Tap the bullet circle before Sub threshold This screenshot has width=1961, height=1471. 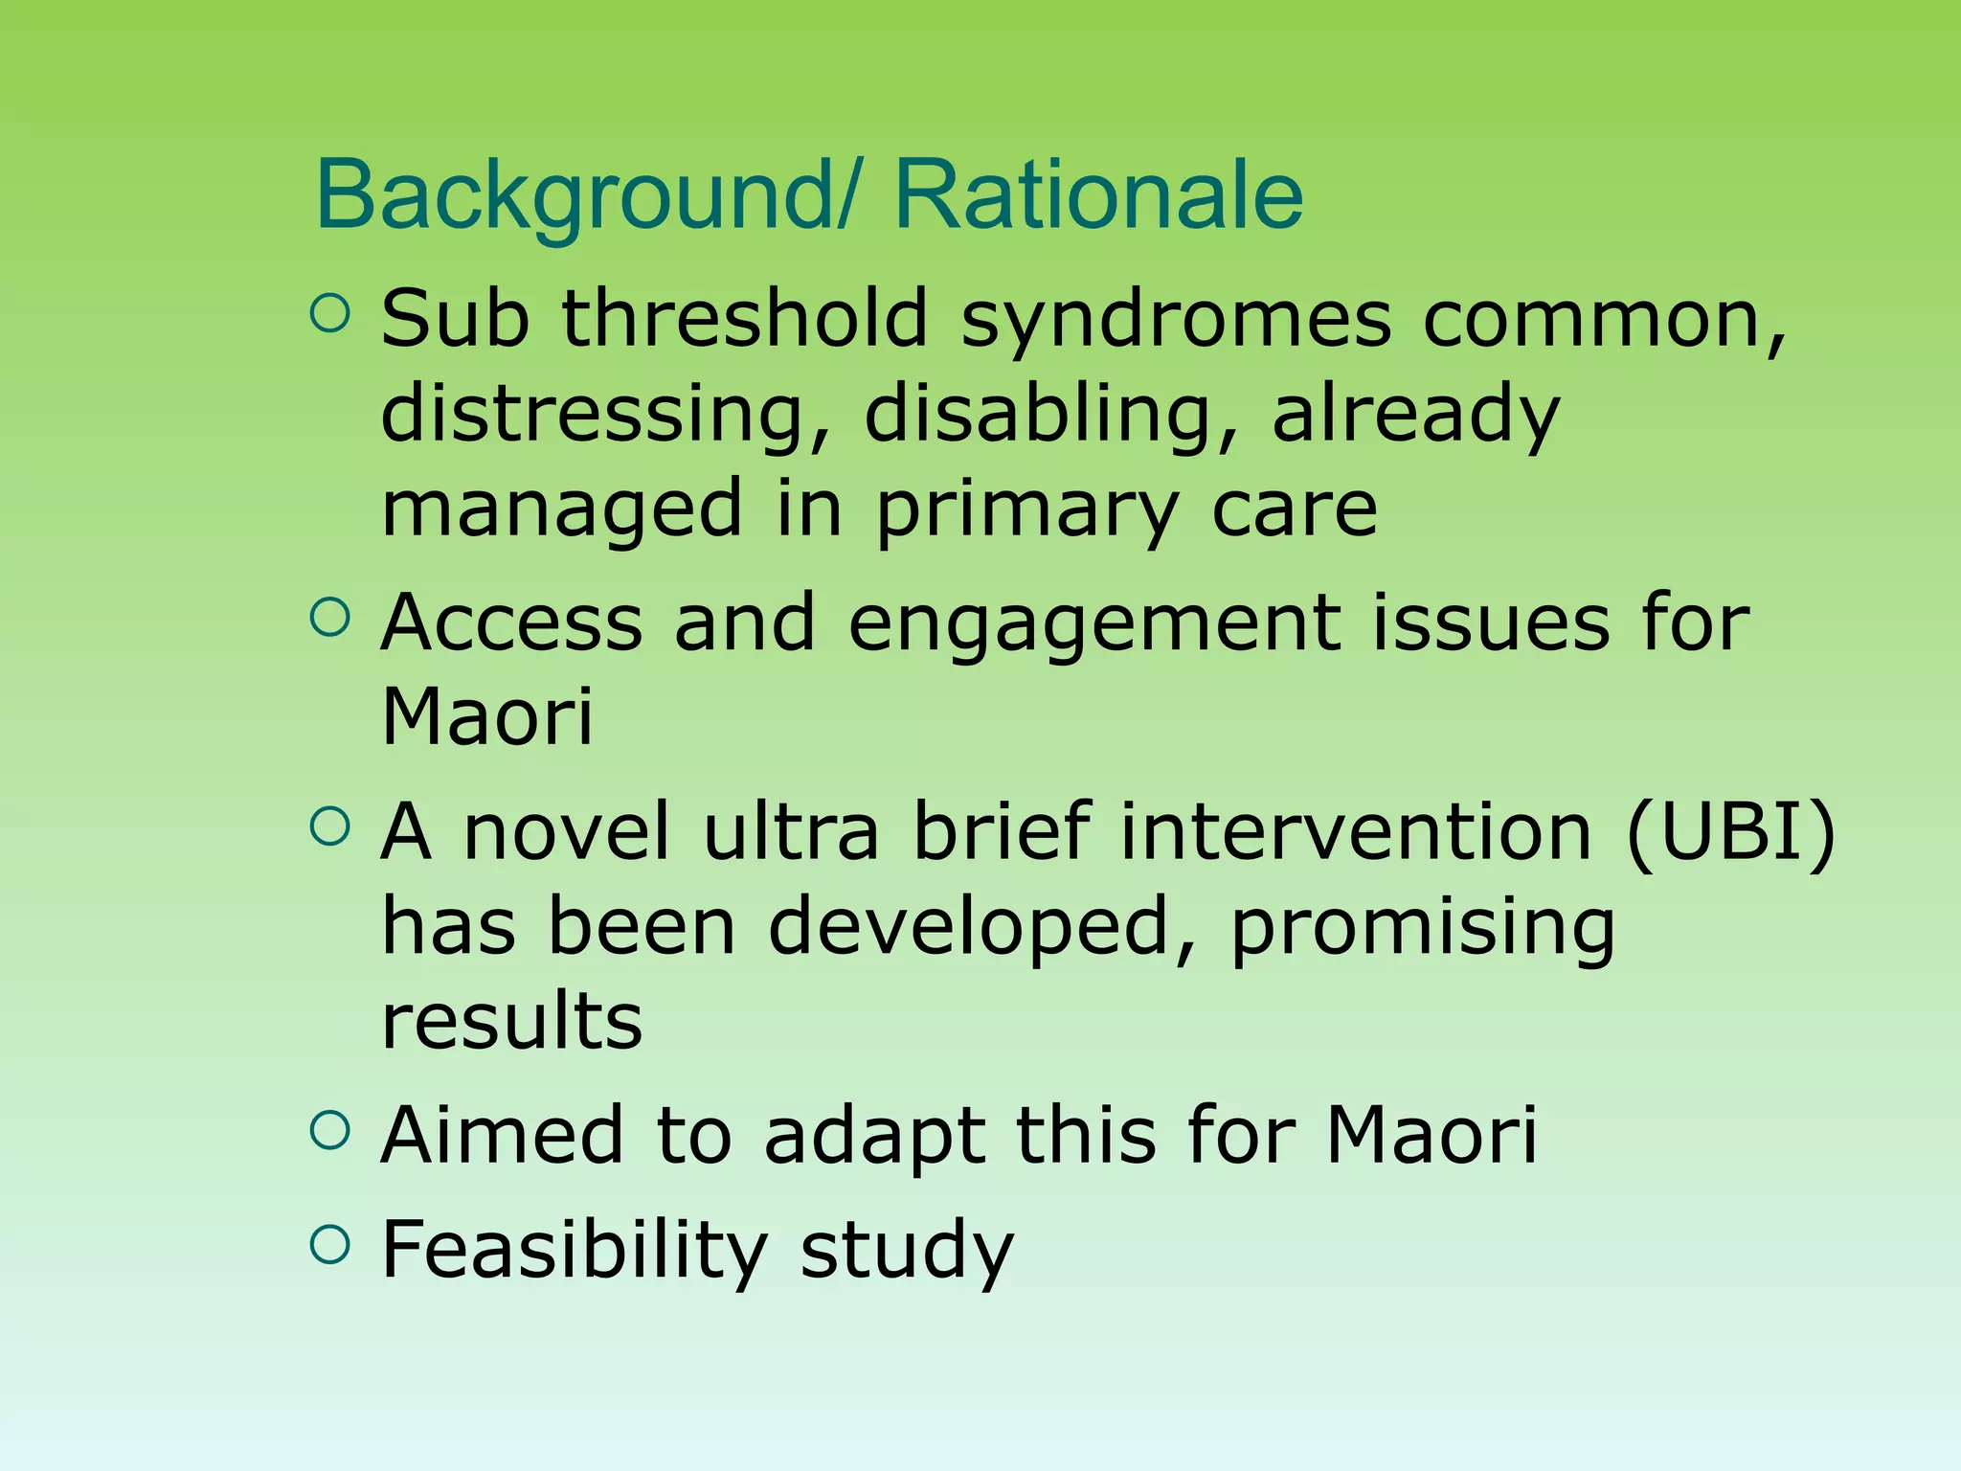(330, 313)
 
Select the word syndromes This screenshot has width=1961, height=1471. (1175, 321)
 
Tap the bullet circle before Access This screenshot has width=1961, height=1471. (330, 618)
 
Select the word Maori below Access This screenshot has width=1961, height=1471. (487, 717)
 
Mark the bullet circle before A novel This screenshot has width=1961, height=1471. (330, 826)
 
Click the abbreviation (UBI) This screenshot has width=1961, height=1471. (1730, 832)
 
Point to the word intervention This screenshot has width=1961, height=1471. (1357, 832)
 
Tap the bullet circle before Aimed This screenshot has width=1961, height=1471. (330, 1130)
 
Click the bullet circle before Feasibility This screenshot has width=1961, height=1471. (330, 1244)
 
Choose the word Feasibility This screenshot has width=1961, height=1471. (574, 1251)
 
